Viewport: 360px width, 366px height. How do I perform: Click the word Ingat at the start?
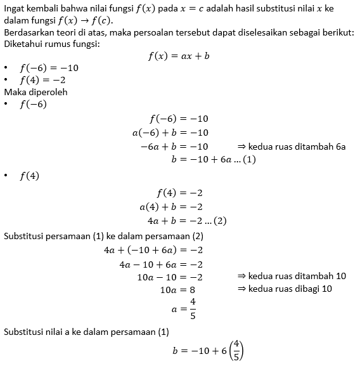(16, 8)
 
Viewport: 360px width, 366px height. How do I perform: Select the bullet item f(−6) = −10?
(49, 68)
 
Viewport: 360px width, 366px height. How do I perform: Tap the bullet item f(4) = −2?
(42, 80)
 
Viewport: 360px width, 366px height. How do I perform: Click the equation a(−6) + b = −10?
(170, 133)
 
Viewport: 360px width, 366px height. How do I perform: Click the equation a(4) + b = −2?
(170, 207)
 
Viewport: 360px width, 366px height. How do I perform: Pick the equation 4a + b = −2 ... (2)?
(186, 221)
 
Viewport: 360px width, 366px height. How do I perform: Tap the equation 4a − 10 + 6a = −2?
(160, 264)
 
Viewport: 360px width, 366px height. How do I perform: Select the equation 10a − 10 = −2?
(169, 277)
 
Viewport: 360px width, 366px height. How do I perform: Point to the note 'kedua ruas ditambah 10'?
(291, 277)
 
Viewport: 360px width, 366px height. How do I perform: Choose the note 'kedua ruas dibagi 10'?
(285, 289)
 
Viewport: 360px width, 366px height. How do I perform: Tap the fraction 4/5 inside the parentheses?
(236, 351)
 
